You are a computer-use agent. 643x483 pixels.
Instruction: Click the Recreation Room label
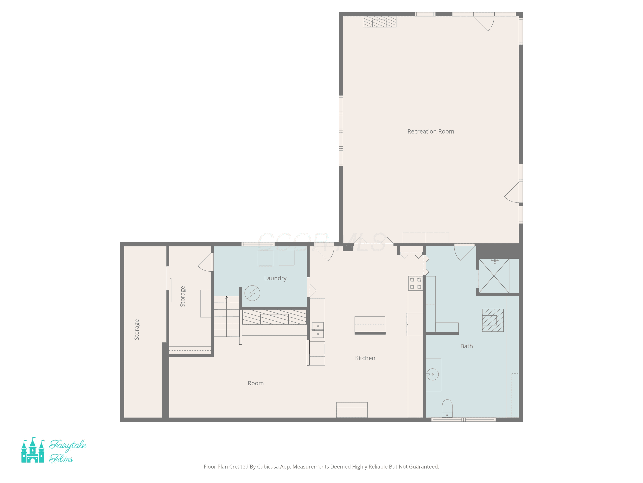click(431, 131)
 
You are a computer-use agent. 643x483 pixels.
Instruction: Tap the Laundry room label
click(275, 278)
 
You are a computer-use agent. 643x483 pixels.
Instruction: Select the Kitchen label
click(365, 358)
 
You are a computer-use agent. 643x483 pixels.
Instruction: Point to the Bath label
click(467, 346)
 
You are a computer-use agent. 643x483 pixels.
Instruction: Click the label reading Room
click(255, 383)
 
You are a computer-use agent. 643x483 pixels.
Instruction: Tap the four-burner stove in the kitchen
click(415, 283)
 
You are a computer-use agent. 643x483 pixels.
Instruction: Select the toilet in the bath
click(447, 409)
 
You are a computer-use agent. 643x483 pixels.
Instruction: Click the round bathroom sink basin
click(433, 374)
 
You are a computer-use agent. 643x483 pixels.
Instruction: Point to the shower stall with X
click(494, 276)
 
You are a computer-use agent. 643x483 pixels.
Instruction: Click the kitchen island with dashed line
click(370, 325)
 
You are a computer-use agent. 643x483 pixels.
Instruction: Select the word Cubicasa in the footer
click(268, 467)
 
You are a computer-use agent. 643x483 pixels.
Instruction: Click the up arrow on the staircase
click(227, 316)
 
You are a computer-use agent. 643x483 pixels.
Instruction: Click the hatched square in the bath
click(493, 320)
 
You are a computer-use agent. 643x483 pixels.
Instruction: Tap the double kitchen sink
click(318, 330)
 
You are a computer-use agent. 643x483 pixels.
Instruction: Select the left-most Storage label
click(137, 330)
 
